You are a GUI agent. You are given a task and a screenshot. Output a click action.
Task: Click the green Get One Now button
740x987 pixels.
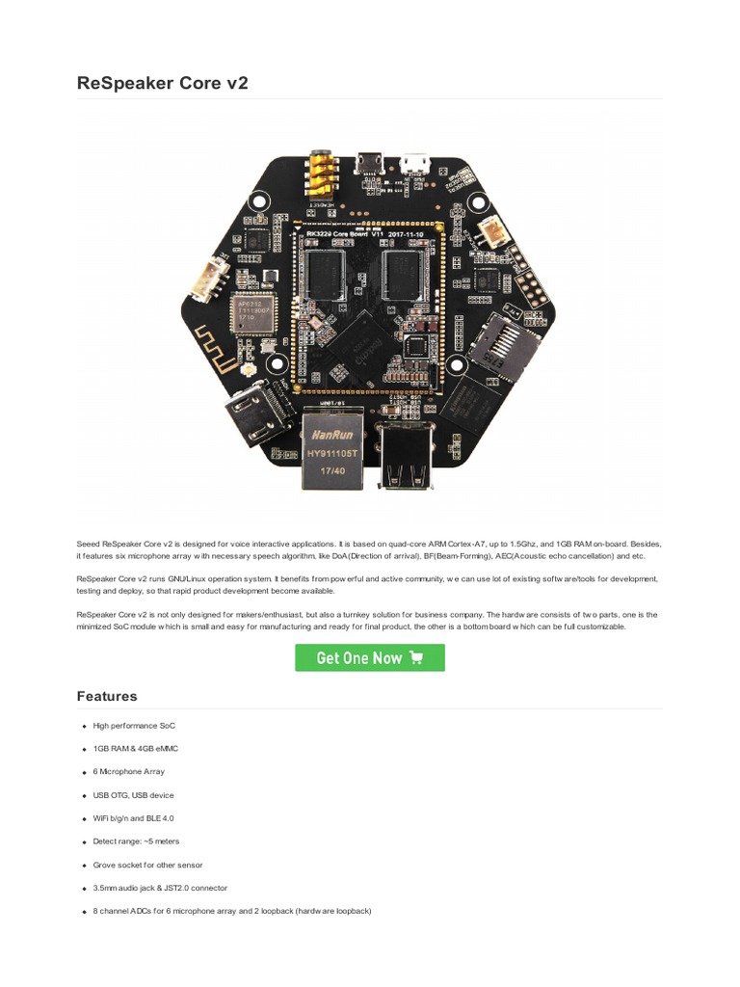[x=369, y=657]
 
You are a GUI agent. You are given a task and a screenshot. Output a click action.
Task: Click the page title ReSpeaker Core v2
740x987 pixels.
[x=162, y=83]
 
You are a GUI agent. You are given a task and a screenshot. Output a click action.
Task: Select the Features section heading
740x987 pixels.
[x=107, y=696]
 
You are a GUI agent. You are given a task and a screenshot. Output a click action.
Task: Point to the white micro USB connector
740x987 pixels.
[x=415, y=163]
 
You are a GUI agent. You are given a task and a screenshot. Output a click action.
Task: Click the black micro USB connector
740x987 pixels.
[x=369, y=164]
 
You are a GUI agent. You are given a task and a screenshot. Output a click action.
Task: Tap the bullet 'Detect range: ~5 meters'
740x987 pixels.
[x=137, y=841]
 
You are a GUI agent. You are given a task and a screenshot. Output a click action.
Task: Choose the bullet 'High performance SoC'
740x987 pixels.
[x=134, y=725]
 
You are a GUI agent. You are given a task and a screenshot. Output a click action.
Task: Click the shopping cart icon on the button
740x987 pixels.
[x=416, y=657]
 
